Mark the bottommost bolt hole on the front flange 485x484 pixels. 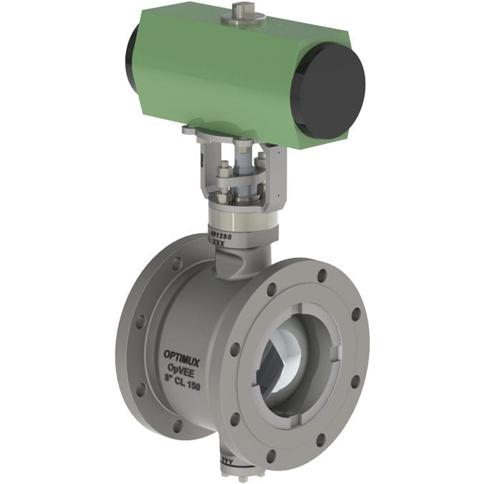pyautogui.click(x=270, y=455)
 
